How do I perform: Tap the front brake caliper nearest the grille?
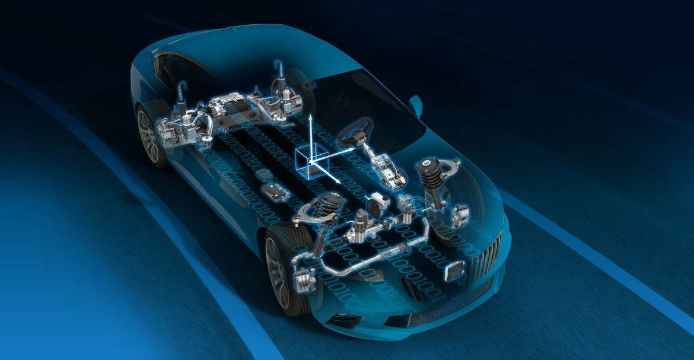(460, 216)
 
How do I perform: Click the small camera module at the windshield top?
(309, 87)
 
